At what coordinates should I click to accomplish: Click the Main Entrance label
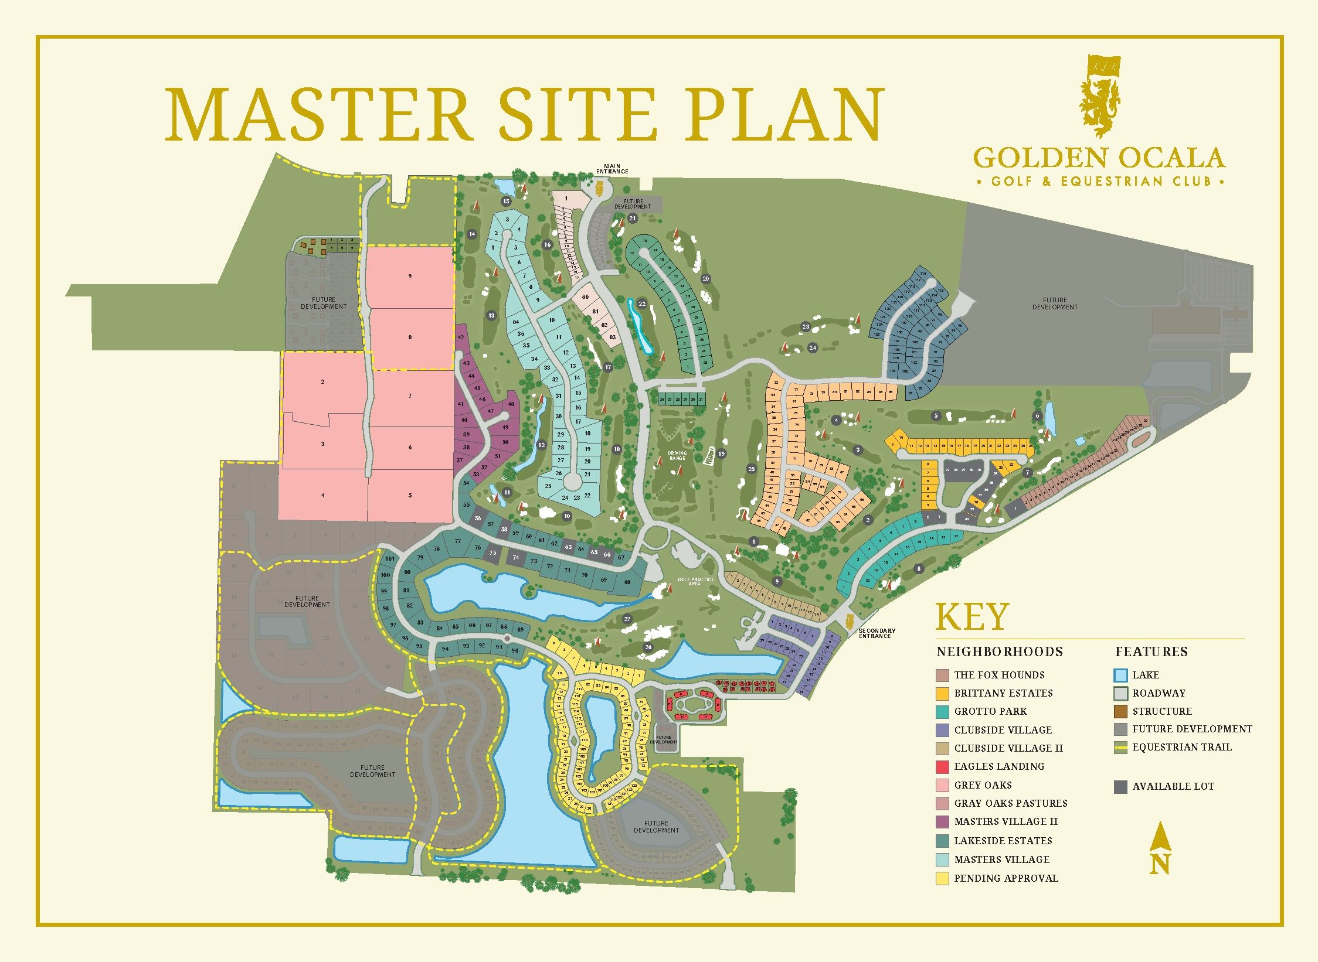point(612,169)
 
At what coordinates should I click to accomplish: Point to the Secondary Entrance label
point(877,633)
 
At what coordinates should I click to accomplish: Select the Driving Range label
point(677,455)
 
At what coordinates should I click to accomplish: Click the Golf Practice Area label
point(696,581)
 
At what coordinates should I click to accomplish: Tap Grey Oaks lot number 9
point(410,276)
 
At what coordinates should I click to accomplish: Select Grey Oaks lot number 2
point(322,382)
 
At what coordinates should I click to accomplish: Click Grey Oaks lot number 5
point(410,496)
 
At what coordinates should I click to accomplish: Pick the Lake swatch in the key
point(1120,675)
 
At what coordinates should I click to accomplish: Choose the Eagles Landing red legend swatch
point(942,766)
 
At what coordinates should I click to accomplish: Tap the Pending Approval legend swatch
point(942,878)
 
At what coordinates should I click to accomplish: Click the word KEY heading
point(972,617)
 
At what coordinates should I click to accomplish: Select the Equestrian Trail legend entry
point(1181,747)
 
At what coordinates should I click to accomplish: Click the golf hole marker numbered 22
point(642,303)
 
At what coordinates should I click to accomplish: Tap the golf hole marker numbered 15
point(507,202)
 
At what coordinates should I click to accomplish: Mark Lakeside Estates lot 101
point(390,559)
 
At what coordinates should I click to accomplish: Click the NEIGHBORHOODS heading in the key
point(1000,651)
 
